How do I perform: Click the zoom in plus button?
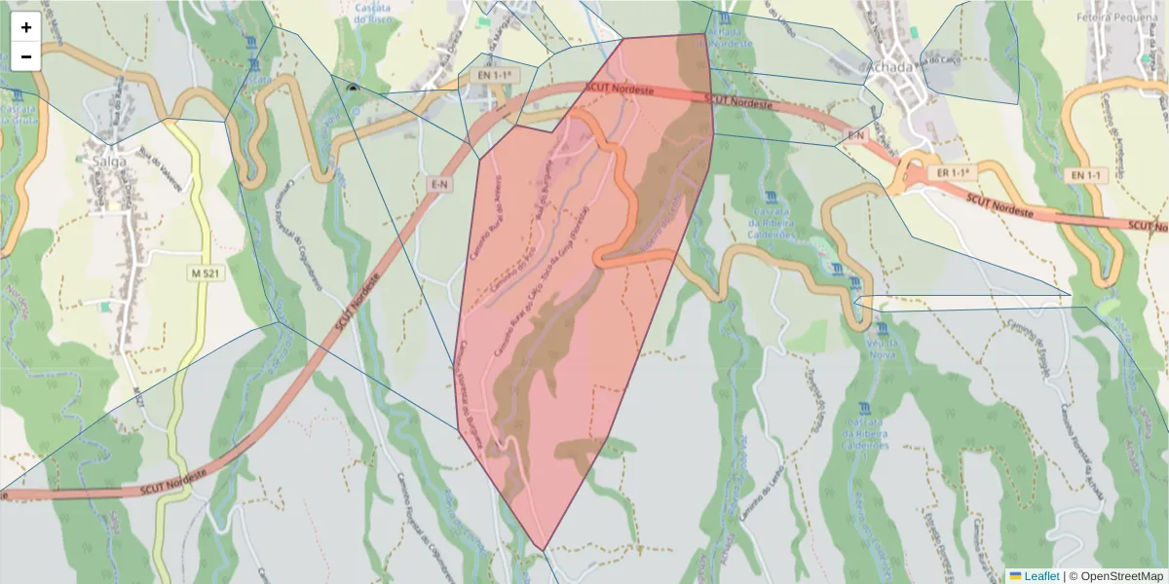tap(26, 27)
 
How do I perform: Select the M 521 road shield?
tap(206, 274)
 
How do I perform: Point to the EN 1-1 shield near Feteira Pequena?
tap(1086, 175)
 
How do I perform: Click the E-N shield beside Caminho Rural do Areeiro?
tap(440, 183)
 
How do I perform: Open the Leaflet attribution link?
tap(1040, 576)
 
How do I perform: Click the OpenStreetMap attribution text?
tap(1115, 576)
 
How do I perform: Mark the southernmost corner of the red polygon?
tap(543, 549)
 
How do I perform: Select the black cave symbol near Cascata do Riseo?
tap(352, 88)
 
